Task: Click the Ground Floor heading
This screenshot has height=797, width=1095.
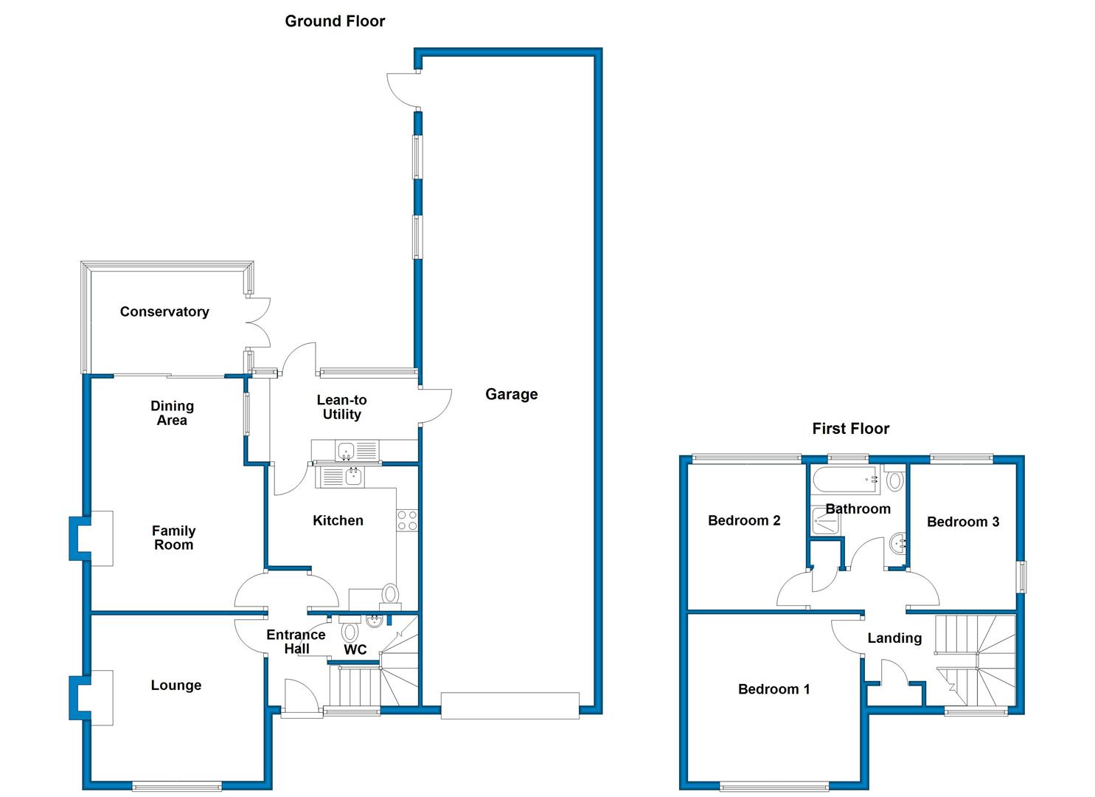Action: (335, 21)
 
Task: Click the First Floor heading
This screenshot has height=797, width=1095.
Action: (851, 429)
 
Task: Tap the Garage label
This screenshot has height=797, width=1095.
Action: (511, 394)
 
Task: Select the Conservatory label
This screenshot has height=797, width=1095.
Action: (164, 311)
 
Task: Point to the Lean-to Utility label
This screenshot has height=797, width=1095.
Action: (341, 407)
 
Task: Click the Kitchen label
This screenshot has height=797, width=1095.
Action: (338, 520)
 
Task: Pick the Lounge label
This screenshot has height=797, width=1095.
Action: (176, 686)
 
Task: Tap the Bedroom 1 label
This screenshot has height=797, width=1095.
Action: (774, 689)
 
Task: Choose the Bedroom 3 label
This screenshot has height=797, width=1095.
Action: (963, 522)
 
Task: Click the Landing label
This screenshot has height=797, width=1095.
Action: (894, 638)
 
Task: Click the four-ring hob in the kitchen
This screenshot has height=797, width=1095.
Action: (407, 520)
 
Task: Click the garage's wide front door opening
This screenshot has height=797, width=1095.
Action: (510, 705)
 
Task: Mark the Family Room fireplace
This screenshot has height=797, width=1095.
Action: (91, 539)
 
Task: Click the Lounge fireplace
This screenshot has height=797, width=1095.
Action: (91, 697)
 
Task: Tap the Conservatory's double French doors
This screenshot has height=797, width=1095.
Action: (257, 322)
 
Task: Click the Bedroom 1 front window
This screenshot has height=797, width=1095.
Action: (774, 787)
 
